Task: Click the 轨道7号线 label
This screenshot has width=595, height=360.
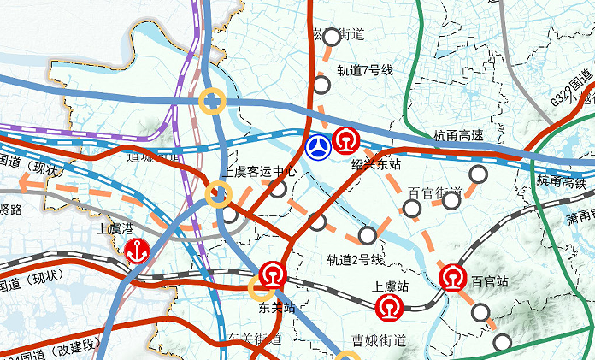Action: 364,70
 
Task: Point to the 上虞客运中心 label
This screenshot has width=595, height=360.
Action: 261,172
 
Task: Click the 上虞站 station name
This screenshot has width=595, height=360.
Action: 392,287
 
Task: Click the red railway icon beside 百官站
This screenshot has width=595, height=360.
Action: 453,277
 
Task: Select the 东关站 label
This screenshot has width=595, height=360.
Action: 277,306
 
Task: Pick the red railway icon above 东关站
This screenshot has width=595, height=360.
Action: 273,274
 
